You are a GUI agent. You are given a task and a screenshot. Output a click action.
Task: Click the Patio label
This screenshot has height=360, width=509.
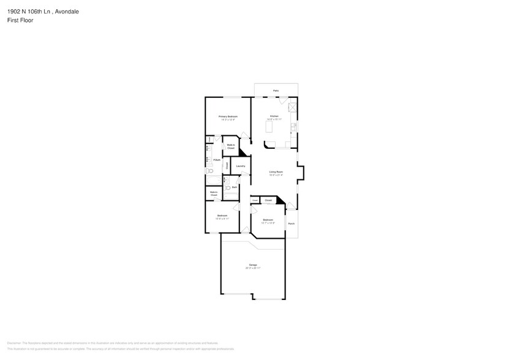click(x=276, y=91)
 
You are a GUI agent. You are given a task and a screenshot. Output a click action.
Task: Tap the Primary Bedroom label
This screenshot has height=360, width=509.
click(x=228, y=116)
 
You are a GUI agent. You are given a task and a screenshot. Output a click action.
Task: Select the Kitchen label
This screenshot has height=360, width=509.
click(x=274, y=116)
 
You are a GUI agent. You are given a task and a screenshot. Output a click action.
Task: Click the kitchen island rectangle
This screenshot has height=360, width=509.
click(x=268, y=127)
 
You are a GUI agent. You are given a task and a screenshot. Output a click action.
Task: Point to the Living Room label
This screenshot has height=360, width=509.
click(x=276, y=172)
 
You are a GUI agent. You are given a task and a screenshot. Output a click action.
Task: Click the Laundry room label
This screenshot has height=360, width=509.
click(x=241, y=166)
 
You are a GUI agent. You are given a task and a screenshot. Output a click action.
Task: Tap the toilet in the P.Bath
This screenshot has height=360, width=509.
click(x=209, y=171)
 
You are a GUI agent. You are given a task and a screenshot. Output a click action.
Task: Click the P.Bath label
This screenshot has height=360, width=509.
click(x=217, y=160)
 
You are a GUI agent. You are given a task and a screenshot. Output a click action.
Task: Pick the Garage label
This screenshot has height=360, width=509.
click(x=253, y=264)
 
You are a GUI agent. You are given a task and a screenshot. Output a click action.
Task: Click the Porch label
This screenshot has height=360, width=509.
click(x=292, y=223)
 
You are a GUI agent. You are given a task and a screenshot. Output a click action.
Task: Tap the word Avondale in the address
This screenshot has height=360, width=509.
click(x=66, y=12)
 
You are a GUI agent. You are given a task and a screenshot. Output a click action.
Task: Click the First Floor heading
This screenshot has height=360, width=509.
click(x=21, y=20)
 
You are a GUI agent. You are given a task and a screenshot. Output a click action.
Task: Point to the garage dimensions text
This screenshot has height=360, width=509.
click(x=253, y=268)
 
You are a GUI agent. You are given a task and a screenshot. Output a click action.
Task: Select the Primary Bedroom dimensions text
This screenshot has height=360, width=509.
click(x=228, y=120)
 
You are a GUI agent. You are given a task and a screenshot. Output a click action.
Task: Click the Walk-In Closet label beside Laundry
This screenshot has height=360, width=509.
click(x=231, y=147)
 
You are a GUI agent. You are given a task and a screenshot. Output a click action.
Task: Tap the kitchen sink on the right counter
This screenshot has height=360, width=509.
click(x=294, y=127)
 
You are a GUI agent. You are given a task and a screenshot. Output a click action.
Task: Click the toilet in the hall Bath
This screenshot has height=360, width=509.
click(x=227, y=189)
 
